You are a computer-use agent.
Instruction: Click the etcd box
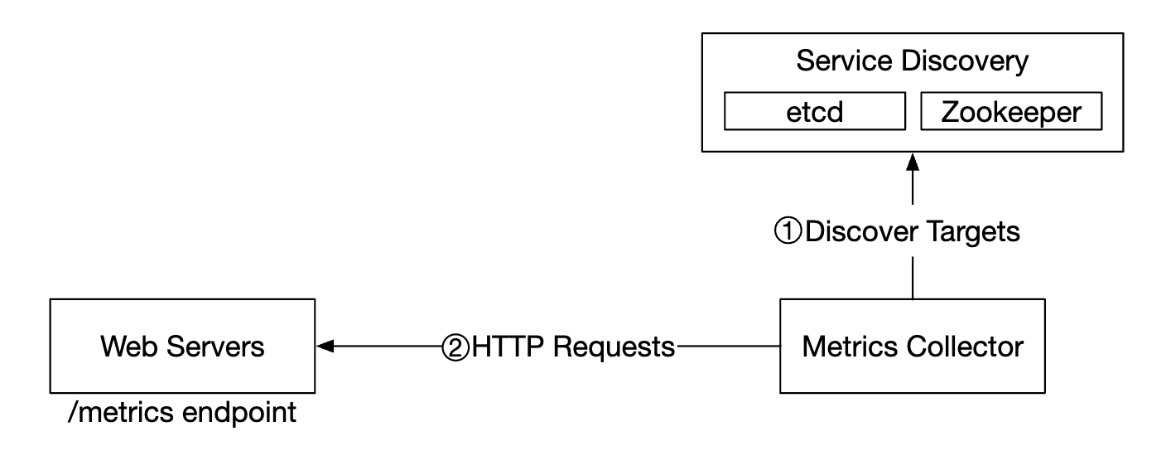point(815,113)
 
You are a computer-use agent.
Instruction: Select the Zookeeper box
point(1011,113)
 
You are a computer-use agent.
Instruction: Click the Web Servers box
point(182,347)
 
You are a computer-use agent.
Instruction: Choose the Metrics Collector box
point(912,347)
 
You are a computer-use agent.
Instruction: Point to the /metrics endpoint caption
point(181,412)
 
